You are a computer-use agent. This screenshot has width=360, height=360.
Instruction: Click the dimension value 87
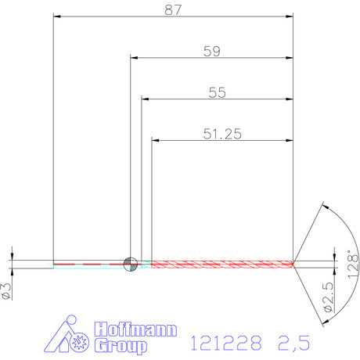(x=175, y=9)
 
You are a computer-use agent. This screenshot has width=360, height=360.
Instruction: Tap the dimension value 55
(x=217, y=92)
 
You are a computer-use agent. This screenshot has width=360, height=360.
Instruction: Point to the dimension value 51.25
(x=221, y=134)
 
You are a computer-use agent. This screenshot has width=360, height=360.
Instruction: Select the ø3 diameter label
(x=7, y=290)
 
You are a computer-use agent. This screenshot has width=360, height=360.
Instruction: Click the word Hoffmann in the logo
(x=135, y=329)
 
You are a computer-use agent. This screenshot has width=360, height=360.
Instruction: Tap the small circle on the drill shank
(x=130, y=264)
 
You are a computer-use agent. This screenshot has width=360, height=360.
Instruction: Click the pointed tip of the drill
(x=293, y=264)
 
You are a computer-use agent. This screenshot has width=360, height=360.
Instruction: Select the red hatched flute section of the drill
(x=219, y=264)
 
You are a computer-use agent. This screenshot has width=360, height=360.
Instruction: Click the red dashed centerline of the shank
(x=86, y=265)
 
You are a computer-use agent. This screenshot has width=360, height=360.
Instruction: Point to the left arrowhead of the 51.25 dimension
(x=156, y=141)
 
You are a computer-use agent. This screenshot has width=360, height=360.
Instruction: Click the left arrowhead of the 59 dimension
(x=134, y=58)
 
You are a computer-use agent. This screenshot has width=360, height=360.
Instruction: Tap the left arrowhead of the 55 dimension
(x=146, y=99)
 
